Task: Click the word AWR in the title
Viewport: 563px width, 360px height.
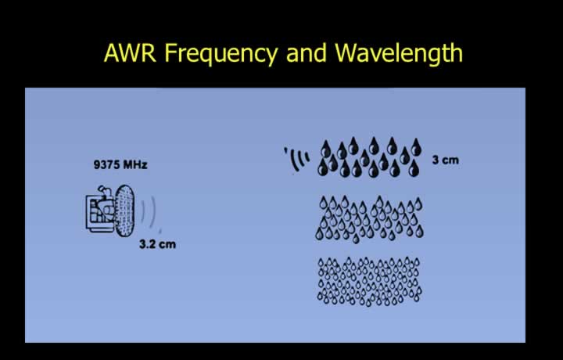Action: coord(130,52)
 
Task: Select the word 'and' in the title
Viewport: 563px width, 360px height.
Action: coord(307,52)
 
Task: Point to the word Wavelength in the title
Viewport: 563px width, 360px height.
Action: coord(399,54)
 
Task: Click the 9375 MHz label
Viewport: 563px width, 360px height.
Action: coord(120,164)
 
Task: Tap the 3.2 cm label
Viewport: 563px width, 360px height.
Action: coord(158,244)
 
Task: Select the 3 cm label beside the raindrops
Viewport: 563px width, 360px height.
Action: coord(446,160)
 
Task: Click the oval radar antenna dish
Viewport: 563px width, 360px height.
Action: coord(124,211)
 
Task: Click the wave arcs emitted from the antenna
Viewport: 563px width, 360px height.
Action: coord(152,213)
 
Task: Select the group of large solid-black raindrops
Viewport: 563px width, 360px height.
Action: coord(369,157)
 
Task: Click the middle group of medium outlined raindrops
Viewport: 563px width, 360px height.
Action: coord(369,219)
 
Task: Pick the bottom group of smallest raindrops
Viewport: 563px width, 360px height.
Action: coord(369,281)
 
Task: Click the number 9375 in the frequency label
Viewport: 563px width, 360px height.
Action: coord(106,164)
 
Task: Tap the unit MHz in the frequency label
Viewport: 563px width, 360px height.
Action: coord(135,164)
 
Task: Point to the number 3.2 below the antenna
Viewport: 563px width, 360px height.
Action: coord(147,244)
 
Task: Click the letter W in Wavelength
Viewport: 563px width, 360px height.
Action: coord(346,52)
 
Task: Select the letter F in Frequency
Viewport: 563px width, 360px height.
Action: coord(170,52)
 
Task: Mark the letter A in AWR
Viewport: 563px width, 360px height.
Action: coord(112,52)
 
